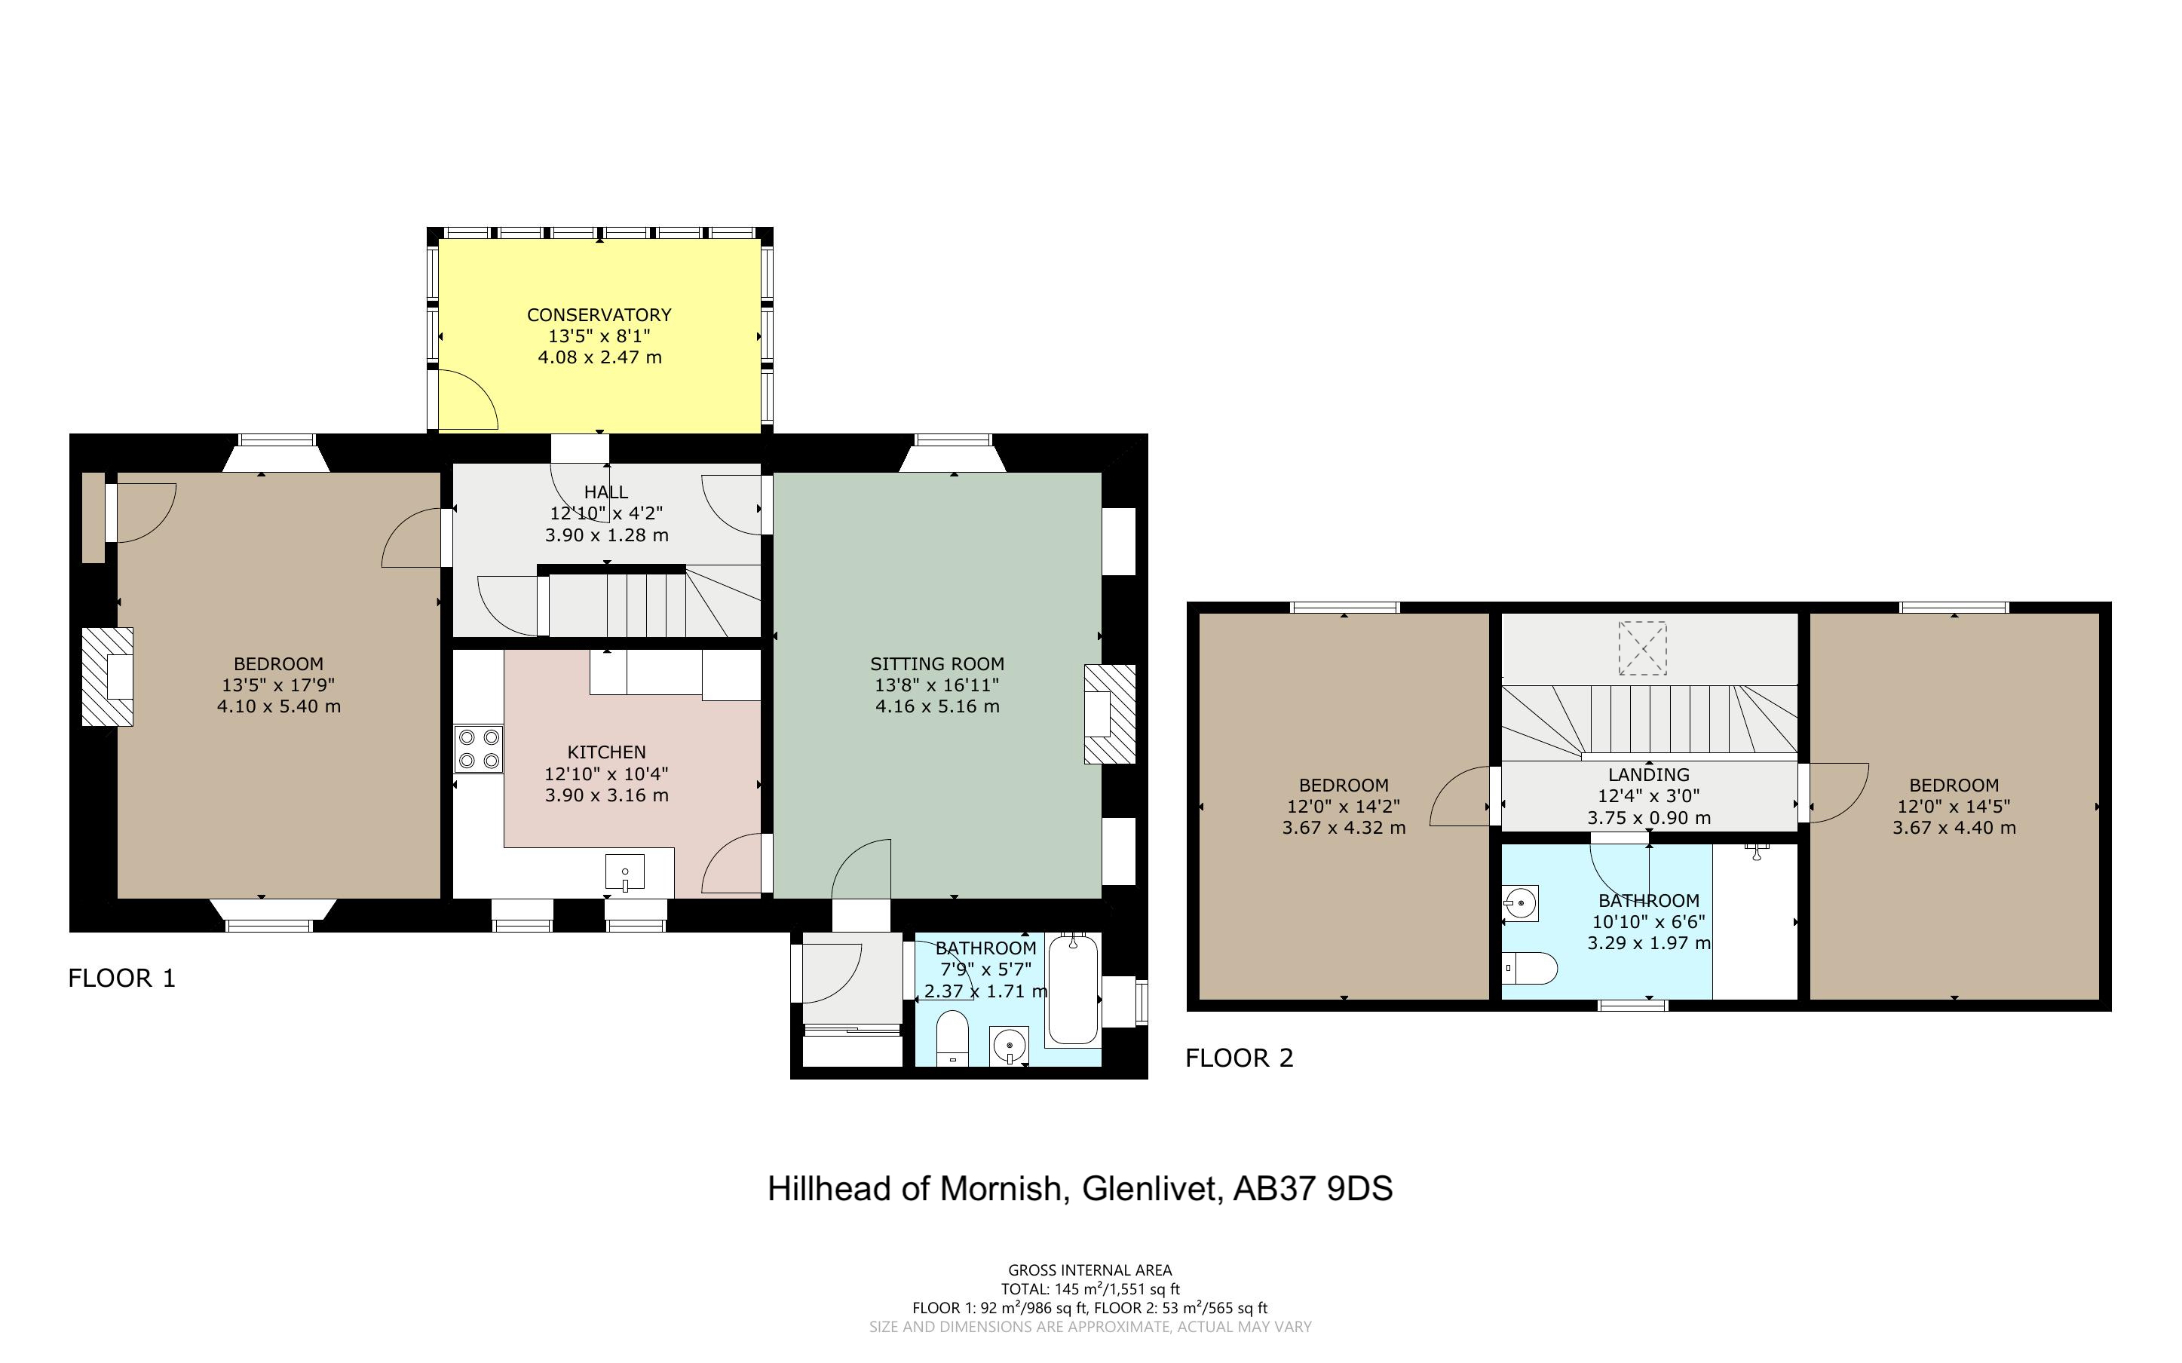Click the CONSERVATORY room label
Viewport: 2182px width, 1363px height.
click(599, 314)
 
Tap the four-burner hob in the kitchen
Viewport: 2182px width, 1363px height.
click(479, 748)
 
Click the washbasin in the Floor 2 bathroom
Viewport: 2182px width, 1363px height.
click(1521, 903)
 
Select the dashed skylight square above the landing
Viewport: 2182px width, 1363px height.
click(1642, 648)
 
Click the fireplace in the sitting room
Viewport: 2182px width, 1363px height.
click(1110, 714)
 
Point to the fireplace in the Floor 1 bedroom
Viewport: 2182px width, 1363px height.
click(108, 677)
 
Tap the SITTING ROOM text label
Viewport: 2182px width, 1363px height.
click(937, 663)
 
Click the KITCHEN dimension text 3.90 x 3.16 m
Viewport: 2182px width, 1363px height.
click(606, 795)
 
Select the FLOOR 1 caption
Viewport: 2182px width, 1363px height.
click(121, 978)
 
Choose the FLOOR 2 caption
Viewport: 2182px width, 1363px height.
click(1240, 1058)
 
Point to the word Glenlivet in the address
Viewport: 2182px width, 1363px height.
click(1153, 1189)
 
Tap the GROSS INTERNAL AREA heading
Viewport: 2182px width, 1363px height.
click(1089, 1270)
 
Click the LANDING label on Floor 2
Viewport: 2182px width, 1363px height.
click(1648, 774)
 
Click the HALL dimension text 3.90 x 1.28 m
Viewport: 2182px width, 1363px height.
click(606, 534)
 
